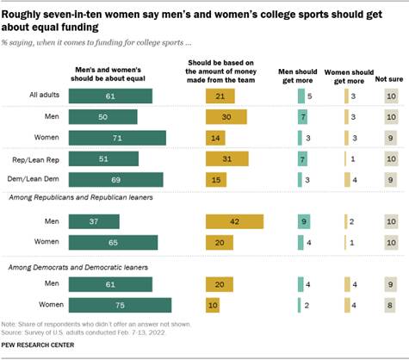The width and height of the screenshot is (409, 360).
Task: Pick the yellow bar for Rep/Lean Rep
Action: (226, 158)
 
